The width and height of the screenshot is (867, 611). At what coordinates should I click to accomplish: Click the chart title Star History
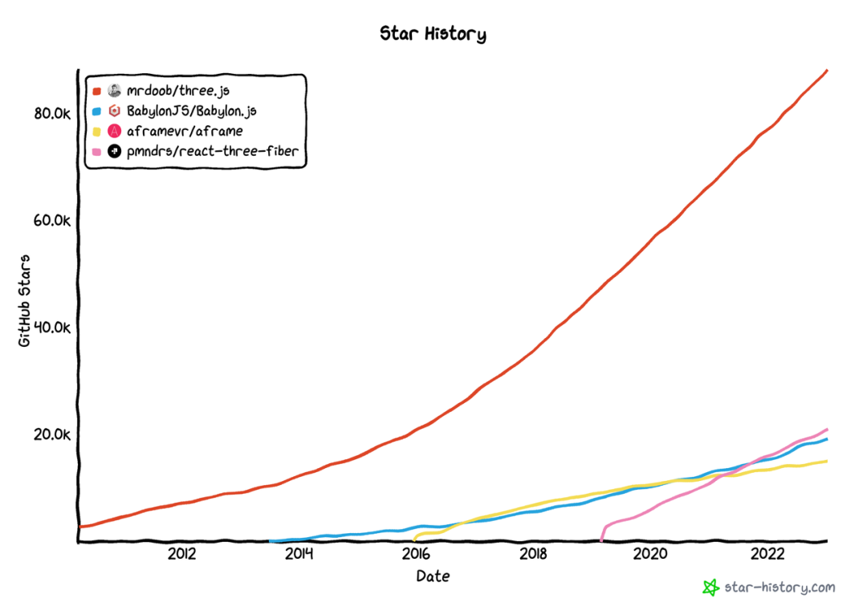433,34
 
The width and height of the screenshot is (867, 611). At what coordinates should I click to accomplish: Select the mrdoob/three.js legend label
178,90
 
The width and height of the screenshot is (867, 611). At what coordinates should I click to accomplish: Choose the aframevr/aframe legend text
185,130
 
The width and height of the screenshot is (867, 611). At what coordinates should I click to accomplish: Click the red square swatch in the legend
96,90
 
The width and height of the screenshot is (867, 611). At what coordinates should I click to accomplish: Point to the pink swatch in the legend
96,150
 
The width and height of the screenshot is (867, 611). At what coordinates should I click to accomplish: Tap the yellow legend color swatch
96,130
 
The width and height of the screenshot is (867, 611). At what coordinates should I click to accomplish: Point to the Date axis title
433,576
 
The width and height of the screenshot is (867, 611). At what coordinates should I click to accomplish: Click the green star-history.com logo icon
710,588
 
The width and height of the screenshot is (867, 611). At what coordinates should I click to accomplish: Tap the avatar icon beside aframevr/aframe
114,130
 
